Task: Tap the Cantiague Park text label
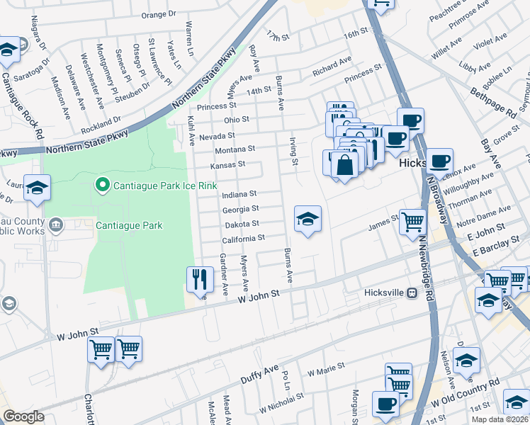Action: pyautogui.click(x=130, y=226)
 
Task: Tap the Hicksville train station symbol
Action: pyautogui.click(x=411, y=293)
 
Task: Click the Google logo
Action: pyautogui.click(x=23, y=416)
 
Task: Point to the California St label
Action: pyautogui.click(x=243, y=239)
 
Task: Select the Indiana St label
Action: pyautogui.click(x=239, y=194)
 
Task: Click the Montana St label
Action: pyautogui.click(x=235, y=150)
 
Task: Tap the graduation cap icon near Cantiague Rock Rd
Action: pyautogui.click(x=37, y=188)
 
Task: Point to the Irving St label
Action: pyautogui.click(x=294, y=152)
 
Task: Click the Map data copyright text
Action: pyautogui.click(x=499, y=419)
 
